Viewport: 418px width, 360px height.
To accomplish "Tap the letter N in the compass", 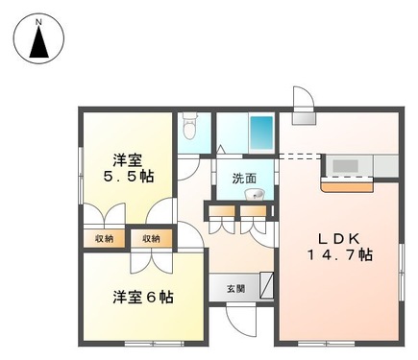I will (x=39, y=19).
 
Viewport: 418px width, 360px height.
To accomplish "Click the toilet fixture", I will (x=189, y=127).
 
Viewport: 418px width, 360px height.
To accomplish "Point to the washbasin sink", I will (x=254, y=196).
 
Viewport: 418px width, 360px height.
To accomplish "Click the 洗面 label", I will (x=244, y=178).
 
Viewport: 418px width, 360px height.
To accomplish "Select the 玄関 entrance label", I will (x=235, y=288).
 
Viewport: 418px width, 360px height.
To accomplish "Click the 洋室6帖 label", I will (x=141, y=297).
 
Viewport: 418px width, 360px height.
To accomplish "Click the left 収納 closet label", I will (x=103, y=238).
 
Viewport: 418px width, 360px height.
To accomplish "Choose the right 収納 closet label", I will (x=152, y=238).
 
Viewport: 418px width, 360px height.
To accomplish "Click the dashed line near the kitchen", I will (x=299, y=155).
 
